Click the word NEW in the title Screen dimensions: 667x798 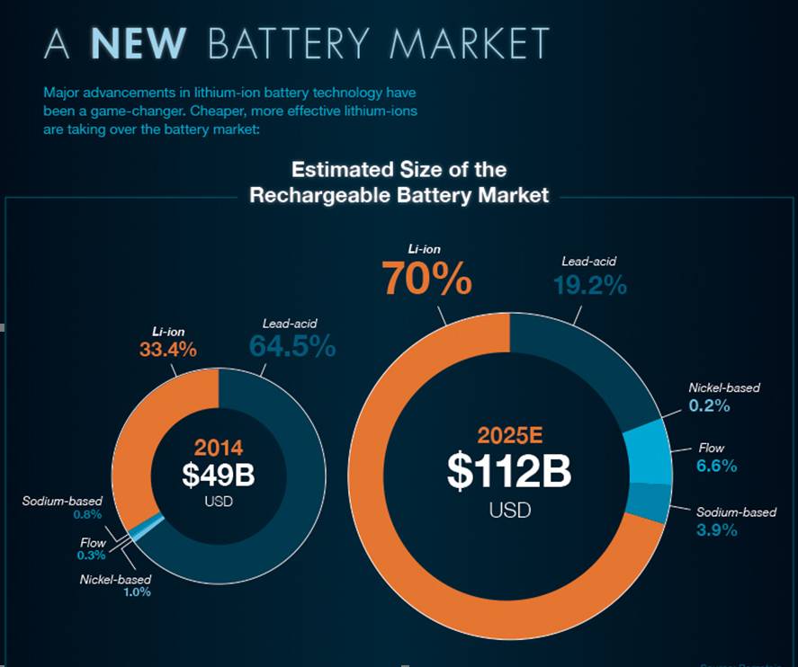point(139,44)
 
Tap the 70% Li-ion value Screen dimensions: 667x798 point(426,278)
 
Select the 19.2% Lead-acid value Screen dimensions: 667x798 point(588,285)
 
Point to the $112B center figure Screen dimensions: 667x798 point(509,472)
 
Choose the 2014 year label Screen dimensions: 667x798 point(218,447)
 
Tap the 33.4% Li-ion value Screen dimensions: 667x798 point(167,350)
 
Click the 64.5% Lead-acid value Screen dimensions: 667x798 point(291,346)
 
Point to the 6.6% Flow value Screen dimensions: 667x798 point(717,466)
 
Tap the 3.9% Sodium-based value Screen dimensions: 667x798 point(717,529)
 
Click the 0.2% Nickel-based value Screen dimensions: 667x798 point(710,405)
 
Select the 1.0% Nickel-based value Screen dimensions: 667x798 point(137,592)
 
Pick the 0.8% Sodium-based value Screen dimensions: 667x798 point(87,515)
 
